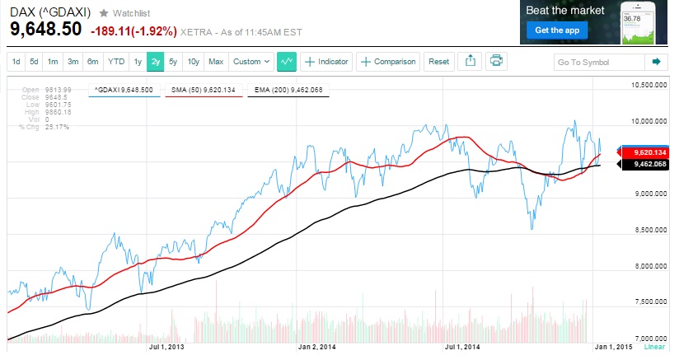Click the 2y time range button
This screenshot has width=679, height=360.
[x=154, y=62]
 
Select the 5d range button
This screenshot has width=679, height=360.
[x=34, y=62]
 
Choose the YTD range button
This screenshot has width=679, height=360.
[x=116, y=62]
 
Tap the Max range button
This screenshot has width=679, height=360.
[x=216, y=62]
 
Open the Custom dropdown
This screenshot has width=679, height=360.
[x=251, y=62]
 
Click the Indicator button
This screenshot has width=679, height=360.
[x=326, y=62]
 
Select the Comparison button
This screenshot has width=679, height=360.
[x=388, y=62]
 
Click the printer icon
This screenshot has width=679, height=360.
[x=495, y=61]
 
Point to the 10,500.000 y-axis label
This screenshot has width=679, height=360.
[x=647, y=85]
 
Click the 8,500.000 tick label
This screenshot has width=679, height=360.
[x=648, y=230]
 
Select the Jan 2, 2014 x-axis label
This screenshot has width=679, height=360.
[x=317, y=347]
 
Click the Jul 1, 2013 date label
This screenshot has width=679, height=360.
[x=166, y=347]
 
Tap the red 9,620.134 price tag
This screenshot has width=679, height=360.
[x=647, y=153]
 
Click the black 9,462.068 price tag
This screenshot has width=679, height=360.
[x=647, y=165]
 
